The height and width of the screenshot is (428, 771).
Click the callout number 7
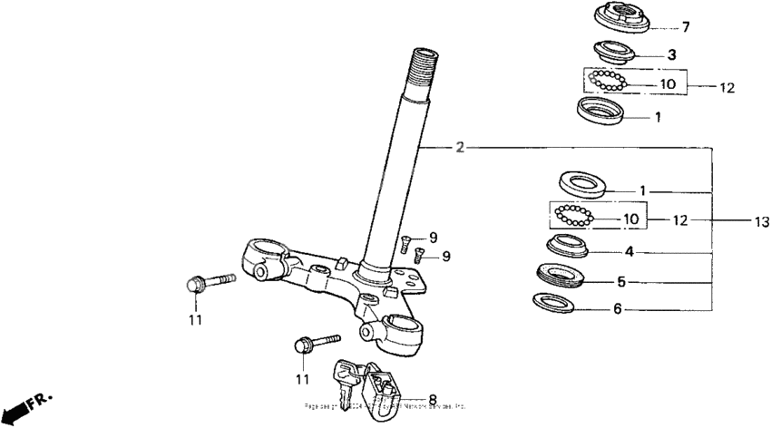tap(686, 27)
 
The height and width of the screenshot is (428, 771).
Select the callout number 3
tap(671, 54)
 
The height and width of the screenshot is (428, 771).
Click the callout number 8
tap(432, 398)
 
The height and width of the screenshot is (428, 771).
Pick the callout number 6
tap(618, 308)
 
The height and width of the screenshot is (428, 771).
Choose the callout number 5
tap(620, 282)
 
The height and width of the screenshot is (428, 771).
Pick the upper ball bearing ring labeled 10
tap(605, 81)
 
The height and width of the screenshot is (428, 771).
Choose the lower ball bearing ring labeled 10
tap(573, 217)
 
